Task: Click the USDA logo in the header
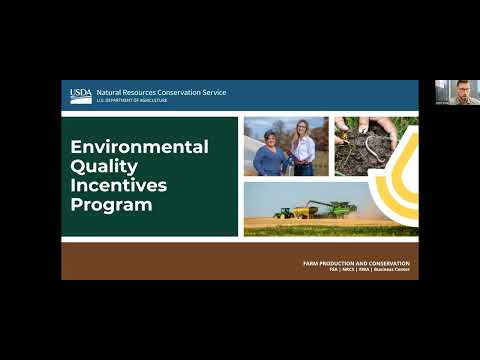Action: [80, 96]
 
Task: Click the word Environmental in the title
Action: [139, 147]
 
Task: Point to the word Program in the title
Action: [111, 206]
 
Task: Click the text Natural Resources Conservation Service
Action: [161, 92]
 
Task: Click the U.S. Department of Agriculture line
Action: [132, 101]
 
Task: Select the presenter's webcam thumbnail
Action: [457, 92]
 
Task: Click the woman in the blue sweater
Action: [269, 156]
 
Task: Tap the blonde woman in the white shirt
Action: [302, 150]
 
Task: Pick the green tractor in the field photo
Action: [284, 212]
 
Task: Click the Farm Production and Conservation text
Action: [356, 262]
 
